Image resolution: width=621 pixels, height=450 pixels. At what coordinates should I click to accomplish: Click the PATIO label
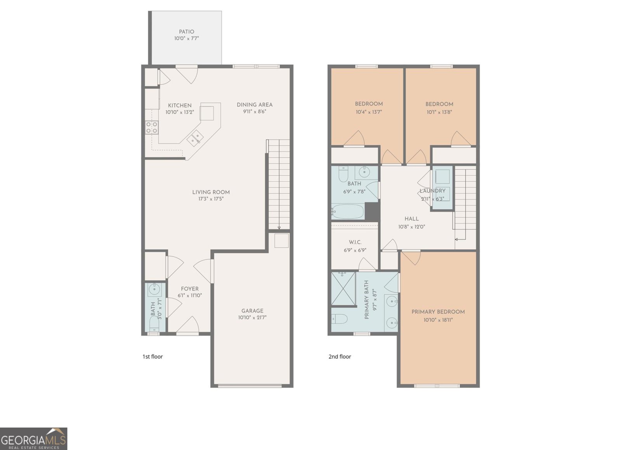click(x=186, y=32)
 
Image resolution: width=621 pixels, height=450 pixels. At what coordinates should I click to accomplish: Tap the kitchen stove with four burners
click(x=152, y=127)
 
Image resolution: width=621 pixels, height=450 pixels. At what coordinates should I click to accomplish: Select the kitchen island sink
click(x=195, y=138)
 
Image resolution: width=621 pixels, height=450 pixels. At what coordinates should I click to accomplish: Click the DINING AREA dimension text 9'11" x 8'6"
click(x=255, y=112)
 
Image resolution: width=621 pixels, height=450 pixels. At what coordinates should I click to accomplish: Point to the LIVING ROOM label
click(x=211, y=192)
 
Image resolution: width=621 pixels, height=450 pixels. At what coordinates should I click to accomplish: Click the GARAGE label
click(x=252, y=311)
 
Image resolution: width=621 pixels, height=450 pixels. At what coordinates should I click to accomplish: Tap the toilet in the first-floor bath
click(x=154, y=323)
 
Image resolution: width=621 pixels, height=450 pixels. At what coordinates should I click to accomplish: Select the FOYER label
click(x=189, y=288)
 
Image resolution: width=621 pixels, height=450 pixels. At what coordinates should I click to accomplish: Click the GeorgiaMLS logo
click(x=33, y=439)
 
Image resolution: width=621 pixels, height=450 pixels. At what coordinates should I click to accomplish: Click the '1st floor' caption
click(x=153, y=356)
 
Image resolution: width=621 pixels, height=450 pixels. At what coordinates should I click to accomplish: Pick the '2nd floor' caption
click(x=340, y=356)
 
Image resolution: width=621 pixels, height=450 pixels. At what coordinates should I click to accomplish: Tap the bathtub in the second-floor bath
click(x=348, y=212)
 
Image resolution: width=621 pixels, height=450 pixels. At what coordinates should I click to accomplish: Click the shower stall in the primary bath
click(x=343, y=288)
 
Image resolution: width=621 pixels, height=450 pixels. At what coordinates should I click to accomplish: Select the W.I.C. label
click(x=355, y=242)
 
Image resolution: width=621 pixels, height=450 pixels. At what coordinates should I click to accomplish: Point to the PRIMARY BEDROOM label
click(x=438, y=312)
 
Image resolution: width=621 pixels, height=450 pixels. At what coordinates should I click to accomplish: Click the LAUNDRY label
click(x=432, y=191)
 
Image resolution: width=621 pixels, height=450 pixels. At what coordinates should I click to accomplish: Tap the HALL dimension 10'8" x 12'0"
click(x=411, y=227)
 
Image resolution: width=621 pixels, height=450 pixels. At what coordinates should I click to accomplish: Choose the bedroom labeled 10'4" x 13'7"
click(x=369, y=108)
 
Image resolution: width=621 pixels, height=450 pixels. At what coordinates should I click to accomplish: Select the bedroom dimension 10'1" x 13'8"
click(x=439, y=112)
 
